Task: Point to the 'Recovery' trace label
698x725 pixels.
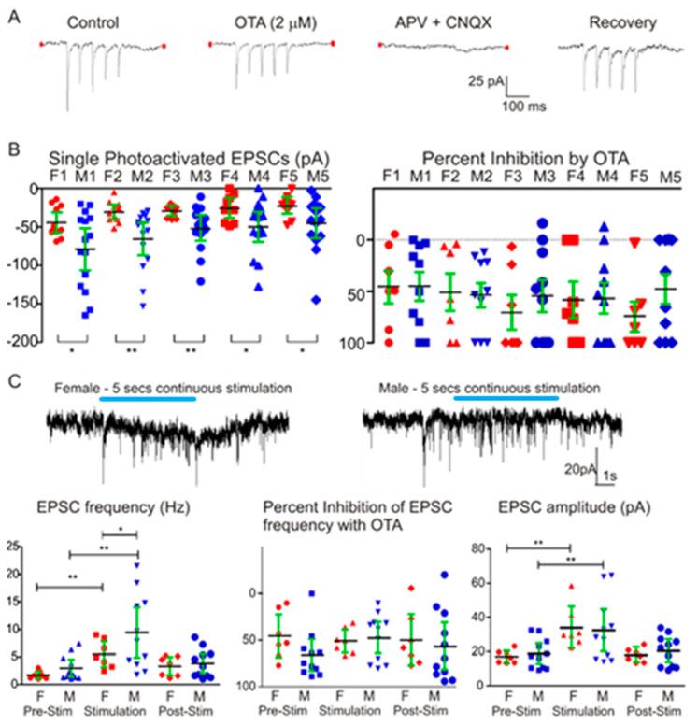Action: pyautogui.click(x=598, y=21)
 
